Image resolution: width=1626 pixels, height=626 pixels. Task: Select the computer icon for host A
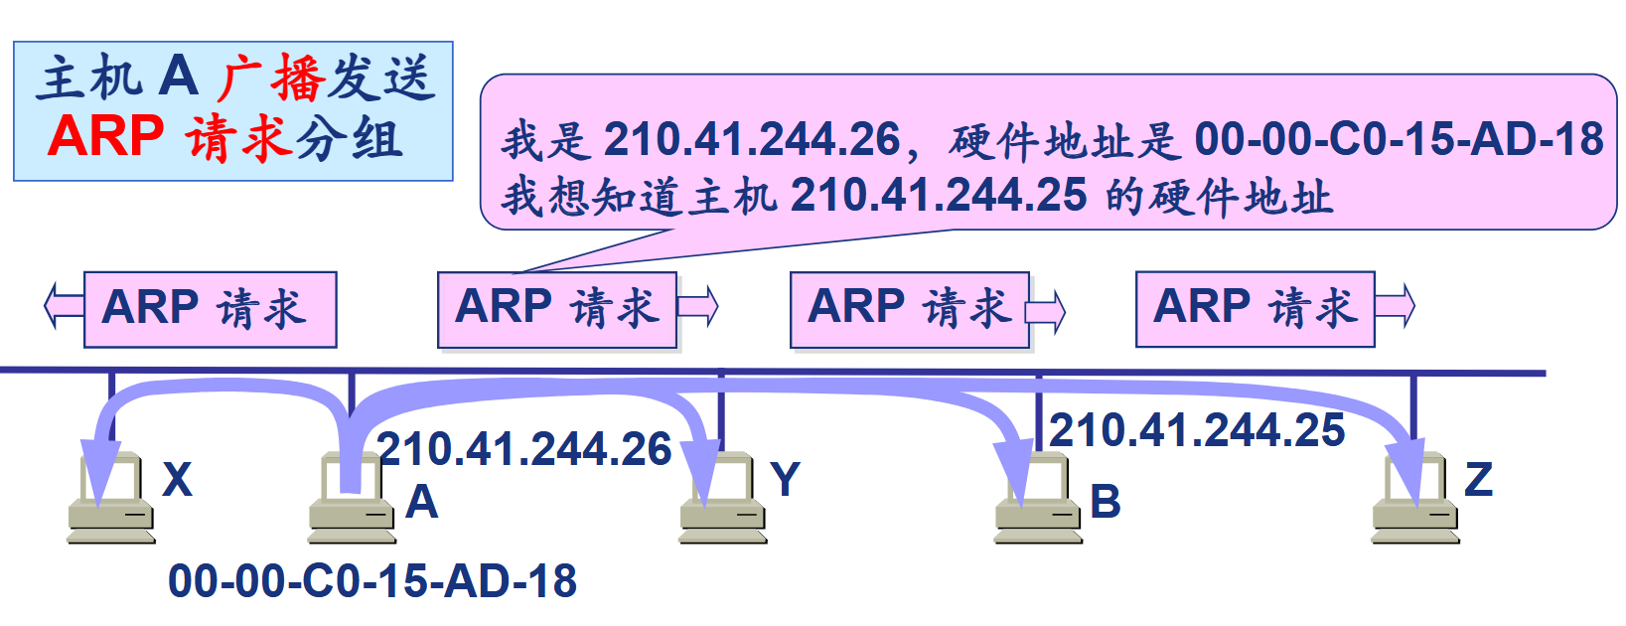tap(352, 502)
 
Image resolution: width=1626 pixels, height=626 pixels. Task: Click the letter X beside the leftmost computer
tap(177, 480)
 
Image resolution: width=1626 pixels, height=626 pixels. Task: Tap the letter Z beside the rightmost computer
tap(1478, 480)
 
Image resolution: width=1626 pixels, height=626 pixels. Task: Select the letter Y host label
tap(785, 480)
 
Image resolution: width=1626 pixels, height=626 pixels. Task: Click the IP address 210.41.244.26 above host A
tap(524, 449)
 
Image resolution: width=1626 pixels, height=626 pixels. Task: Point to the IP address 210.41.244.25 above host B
tap(1197, 430)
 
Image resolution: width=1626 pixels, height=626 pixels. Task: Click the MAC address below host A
tap(372, 581)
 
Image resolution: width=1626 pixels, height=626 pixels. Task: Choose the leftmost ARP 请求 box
tap(210, 309)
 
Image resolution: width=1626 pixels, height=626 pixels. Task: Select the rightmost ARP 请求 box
tap(1255, 308)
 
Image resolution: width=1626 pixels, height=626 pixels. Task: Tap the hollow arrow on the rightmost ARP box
tap(1395, 305)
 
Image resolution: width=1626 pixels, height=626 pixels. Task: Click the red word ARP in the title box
tap(105, 136)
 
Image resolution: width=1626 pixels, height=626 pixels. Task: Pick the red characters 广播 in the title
tap(270, 78)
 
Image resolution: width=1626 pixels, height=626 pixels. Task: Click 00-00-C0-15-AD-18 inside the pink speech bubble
tap(1399, 139)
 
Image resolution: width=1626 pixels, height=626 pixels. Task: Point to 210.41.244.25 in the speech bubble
tap(939, 195)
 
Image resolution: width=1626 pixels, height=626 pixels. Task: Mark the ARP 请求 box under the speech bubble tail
tap(556, 309)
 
